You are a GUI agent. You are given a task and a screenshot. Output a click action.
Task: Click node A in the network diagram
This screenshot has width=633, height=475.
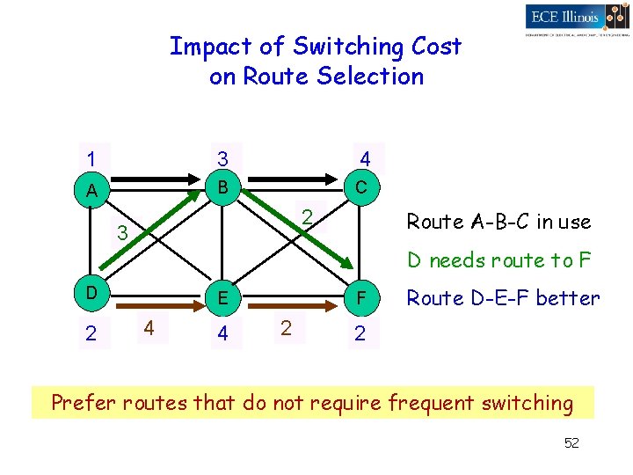(91, 191)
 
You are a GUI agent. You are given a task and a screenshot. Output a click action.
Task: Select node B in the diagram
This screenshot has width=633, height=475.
(223, 187)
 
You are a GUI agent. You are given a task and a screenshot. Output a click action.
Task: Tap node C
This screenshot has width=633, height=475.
(361, 188)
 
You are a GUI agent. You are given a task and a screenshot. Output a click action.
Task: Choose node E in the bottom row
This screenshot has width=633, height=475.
(223, 298)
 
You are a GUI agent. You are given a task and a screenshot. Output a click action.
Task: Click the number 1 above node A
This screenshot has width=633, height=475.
(91, 159)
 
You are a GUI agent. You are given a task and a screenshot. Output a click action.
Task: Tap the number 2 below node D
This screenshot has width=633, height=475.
(91, 333)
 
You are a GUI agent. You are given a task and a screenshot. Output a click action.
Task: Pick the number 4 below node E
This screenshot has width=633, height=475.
(223, 334)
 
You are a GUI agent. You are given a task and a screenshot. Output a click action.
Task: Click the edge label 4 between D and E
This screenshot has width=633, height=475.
(150, 327)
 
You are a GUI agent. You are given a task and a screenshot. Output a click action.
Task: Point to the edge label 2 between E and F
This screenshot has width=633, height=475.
(285, 327)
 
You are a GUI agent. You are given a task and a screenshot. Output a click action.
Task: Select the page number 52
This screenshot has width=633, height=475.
(571, 442)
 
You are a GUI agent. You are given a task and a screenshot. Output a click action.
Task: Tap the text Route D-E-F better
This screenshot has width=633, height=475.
(503, 298)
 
